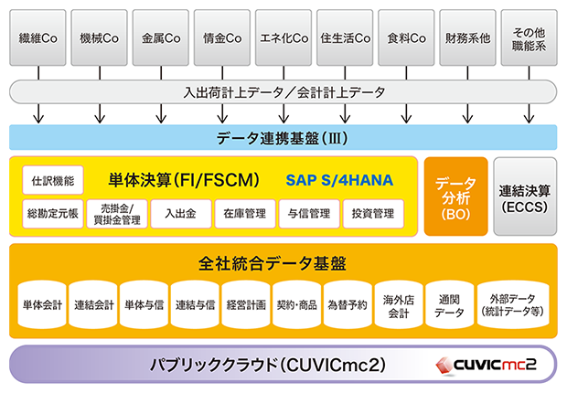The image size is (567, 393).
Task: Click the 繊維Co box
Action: click(37, 39)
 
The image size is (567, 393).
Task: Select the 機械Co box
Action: click(99, 39)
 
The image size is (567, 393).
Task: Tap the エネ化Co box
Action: click(283, 39)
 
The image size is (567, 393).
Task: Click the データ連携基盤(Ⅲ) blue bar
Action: click(283, 138)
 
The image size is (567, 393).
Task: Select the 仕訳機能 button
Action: click(52, 180)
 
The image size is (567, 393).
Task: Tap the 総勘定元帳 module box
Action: click(52, 214)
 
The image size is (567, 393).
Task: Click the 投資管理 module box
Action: click(372, 214)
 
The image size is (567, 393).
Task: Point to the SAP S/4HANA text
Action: click(338, 180)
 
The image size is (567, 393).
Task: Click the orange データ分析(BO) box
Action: click(455, 197)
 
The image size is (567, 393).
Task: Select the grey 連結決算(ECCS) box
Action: click(524, 197)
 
